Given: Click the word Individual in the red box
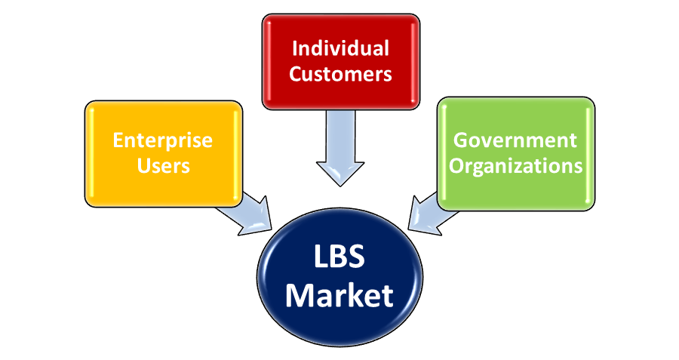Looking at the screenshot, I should point(340,49).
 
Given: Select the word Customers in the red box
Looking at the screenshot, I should point(340,74).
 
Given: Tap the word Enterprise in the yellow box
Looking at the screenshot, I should point(162,140).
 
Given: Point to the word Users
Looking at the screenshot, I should point(162,165).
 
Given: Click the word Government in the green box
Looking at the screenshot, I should point(515,140).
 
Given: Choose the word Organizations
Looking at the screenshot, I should point(515,165).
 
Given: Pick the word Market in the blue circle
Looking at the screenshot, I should point(339,294).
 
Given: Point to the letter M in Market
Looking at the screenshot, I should point(300,294).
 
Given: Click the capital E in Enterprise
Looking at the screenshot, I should point(118,140).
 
